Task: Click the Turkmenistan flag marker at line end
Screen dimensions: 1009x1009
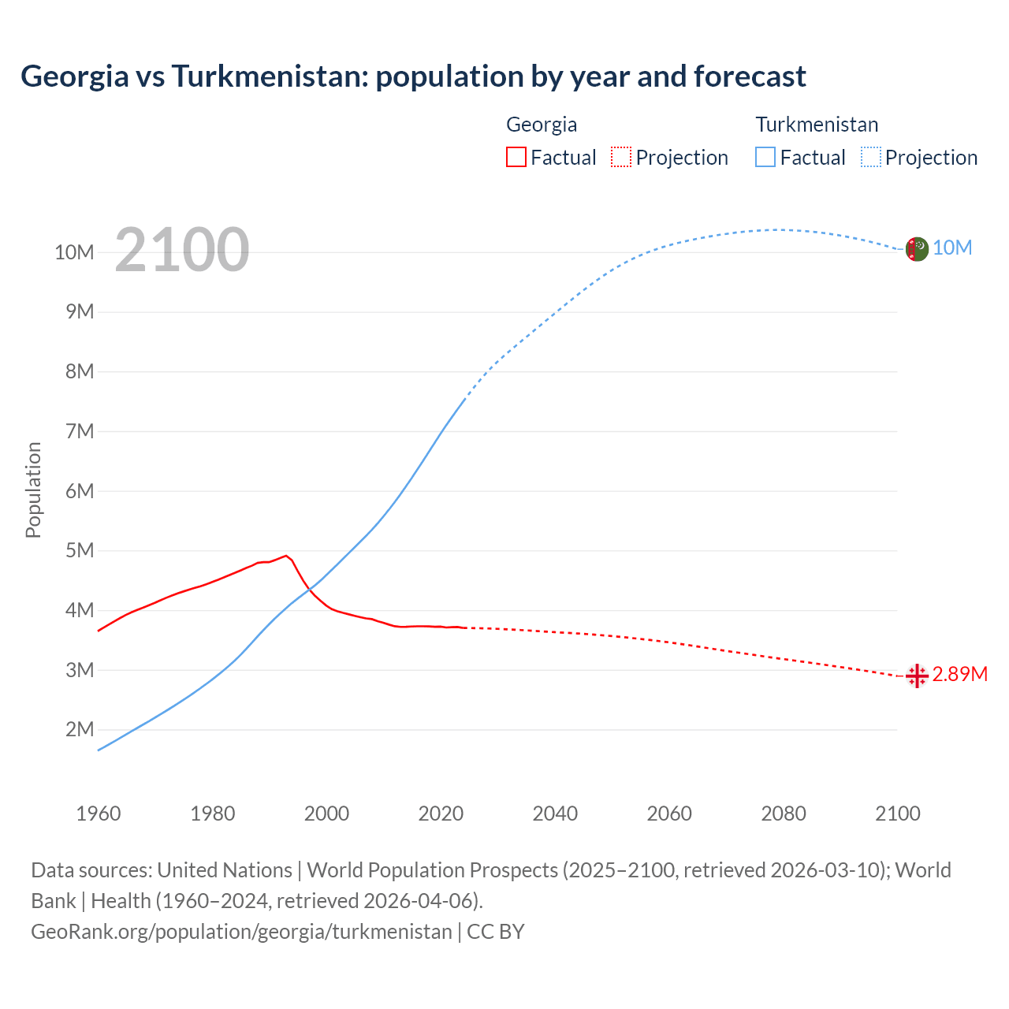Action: click(916, 249)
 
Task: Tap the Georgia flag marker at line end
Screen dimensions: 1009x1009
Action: click(916, 676)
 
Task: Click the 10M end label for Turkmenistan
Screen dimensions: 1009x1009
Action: click(952, 248)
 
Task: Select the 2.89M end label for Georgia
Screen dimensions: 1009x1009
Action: click(959, 675)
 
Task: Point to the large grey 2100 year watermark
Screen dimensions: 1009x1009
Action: click(182, 250)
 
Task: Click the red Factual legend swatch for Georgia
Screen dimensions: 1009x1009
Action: click(516, 157)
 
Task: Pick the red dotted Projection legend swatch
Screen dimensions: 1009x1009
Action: click(621, 157)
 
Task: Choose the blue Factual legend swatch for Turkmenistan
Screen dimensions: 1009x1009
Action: click(765, 157)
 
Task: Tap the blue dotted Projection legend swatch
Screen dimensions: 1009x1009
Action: click(871, 157)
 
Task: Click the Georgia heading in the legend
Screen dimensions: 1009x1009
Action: click(542, 125)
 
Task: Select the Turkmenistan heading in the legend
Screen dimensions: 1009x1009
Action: click(817, 125)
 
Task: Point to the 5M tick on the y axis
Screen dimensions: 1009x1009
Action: click(80, 550)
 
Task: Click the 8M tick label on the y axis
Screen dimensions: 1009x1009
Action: click(80, 371)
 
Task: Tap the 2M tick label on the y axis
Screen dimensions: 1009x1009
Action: click(80, 729)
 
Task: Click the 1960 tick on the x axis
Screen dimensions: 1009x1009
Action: click(99, 814)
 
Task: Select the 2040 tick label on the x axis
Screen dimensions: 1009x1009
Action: click(555, 814)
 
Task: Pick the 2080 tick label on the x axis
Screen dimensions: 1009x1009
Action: click(784, 814)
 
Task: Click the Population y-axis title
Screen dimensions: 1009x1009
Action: click(33, 490)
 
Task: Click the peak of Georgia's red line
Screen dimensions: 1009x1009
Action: click(286, 556)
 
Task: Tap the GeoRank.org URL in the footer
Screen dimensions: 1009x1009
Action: click(241, 932)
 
